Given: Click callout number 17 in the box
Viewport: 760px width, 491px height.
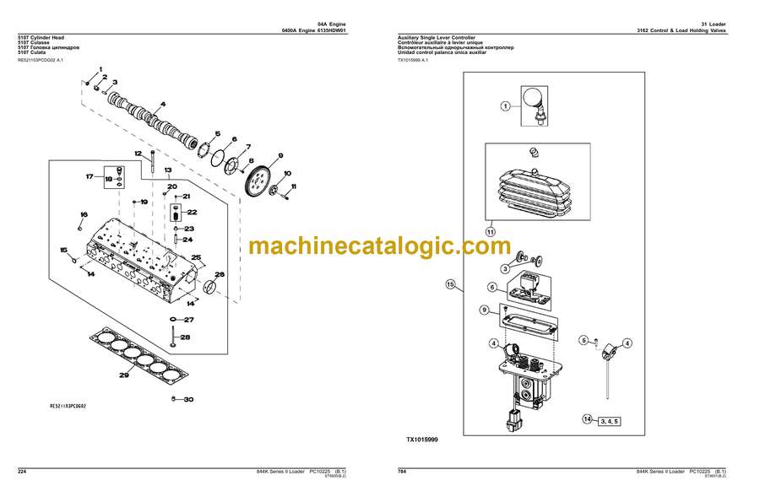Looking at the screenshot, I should click(90, 176).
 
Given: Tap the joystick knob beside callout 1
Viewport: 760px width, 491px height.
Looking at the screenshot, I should click(534, 100).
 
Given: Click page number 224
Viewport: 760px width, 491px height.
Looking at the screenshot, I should click(24, 470).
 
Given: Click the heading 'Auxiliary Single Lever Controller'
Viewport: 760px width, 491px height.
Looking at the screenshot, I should click(436, 38).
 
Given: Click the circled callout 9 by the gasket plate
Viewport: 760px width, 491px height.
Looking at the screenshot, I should click(485, 310).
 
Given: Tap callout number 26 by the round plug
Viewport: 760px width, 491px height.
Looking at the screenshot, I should click(219, 274).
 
